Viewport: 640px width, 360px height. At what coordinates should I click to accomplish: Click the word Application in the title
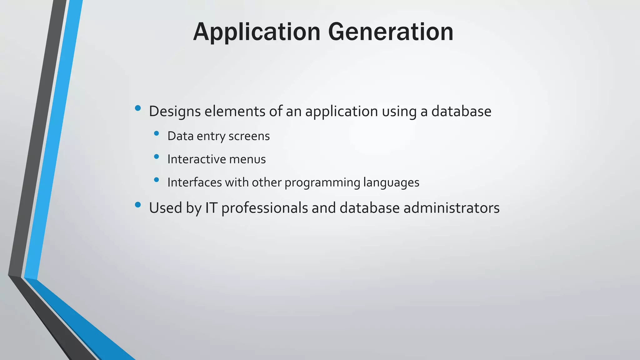pos(257,32)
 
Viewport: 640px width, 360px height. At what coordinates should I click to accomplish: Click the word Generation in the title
pos(391,32)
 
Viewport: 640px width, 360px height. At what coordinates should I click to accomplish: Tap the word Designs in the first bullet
pos(175,112)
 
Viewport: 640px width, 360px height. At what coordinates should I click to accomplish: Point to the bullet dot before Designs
pos(138,108)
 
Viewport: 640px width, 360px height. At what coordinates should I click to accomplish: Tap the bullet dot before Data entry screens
pos(157,133)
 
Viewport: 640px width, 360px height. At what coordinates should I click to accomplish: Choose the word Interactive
pos(196,159)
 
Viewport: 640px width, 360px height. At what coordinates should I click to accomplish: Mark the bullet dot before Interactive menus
pos(157,156)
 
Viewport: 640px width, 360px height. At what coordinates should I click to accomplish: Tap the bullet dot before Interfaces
pos(157,179)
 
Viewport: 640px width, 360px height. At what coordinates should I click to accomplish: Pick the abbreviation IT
pos(211,208)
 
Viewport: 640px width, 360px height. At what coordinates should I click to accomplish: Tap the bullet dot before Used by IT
pos(138,205)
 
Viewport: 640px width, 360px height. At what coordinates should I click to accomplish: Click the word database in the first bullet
pos(461,112)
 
